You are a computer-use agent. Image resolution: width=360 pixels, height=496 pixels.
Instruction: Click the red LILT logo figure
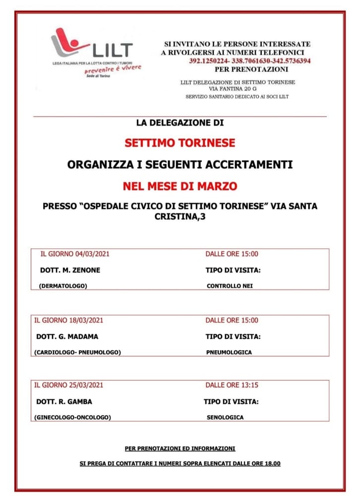[67, 43]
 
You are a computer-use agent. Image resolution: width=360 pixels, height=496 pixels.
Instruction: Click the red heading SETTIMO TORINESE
[180, 143]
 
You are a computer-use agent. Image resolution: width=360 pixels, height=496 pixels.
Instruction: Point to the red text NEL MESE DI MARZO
[180, 186]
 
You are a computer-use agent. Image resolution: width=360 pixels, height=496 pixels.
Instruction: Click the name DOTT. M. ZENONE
[69, 270]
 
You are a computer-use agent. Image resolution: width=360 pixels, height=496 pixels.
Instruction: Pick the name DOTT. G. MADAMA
[67, 336]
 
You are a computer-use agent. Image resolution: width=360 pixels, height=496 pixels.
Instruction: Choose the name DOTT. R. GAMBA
[64, 402]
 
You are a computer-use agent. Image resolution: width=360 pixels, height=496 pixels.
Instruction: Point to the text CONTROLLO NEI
[230, 286]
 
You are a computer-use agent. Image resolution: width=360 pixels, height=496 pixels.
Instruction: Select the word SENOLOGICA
[225, 418]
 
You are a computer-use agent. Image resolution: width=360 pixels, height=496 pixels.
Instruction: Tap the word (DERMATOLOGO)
[62, 286]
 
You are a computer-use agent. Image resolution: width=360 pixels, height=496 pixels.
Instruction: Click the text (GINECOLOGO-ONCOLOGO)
[72, 418]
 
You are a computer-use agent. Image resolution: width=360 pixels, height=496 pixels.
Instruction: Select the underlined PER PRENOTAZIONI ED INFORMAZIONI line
[180, 448]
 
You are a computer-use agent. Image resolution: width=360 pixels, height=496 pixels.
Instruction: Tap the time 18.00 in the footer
[272, 464]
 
